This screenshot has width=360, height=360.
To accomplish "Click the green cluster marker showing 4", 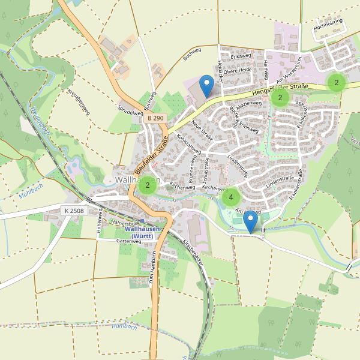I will pyautogui.click(x=231, y=196).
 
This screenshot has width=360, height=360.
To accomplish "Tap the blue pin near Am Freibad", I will pyautogui.click(x=251, y=223).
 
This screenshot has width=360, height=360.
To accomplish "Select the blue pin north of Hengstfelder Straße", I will pyautogui.click(x=206, y=86).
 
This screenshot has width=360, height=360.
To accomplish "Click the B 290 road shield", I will pyautogui.click(x=155, y=119).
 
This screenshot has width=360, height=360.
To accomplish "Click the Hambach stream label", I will pyautogui.click(x=125, y=326).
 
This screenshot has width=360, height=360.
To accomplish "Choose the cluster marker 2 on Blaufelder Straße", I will pyautogui.click(x=147, y=186).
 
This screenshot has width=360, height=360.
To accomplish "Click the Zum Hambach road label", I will pyautogui.click(x=151, y=271).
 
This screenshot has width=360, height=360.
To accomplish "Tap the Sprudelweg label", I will pyautogui.click(x=129, y=111).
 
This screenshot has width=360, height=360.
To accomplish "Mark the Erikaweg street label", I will pyautogui.click(x=240, y=55).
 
